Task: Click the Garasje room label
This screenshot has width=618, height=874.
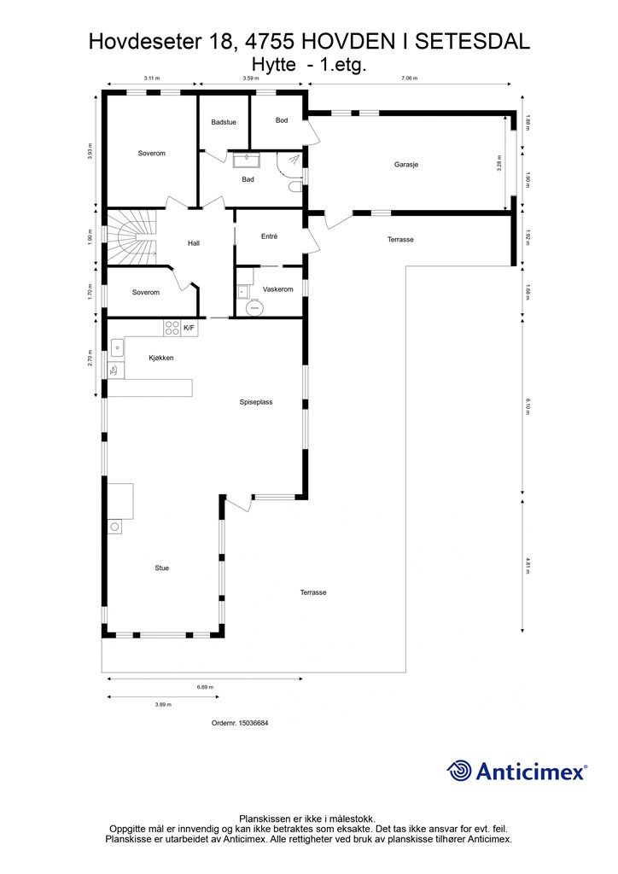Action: click(405, 165)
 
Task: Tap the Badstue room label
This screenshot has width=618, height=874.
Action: click(224, 122)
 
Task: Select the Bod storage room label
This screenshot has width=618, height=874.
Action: click(282, 119)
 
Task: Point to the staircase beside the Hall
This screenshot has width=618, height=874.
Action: click(131, 238)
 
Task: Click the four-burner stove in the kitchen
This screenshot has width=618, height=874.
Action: click(172, 328)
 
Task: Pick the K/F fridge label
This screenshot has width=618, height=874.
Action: click(189, 328)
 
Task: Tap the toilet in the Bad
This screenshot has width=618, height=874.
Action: click(295, 186)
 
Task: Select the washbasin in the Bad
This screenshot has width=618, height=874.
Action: click(246, 160)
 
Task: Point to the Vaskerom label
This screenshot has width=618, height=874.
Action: click(278, 288)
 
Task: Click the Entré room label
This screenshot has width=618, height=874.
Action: click(269, 236)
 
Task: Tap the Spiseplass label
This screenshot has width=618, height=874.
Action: click(256, 402)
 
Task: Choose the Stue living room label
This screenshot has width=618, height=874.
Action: click(161, 568)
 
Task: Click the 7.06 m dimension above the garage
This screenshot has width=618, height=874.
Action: click(410, 79)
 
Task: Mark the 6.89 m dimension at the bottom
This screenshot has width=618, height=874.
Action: click(205, 687)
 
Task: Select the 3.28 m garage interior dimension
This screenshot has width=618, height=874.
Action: click(499, 163)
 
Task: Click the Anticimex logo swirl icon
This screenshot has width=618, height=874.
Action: click(459, 772)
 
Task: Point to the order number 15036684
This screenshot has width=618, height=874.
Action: click(254, 723)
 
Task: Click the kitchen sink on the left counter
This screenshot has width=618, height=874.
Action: click(117, 347)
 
